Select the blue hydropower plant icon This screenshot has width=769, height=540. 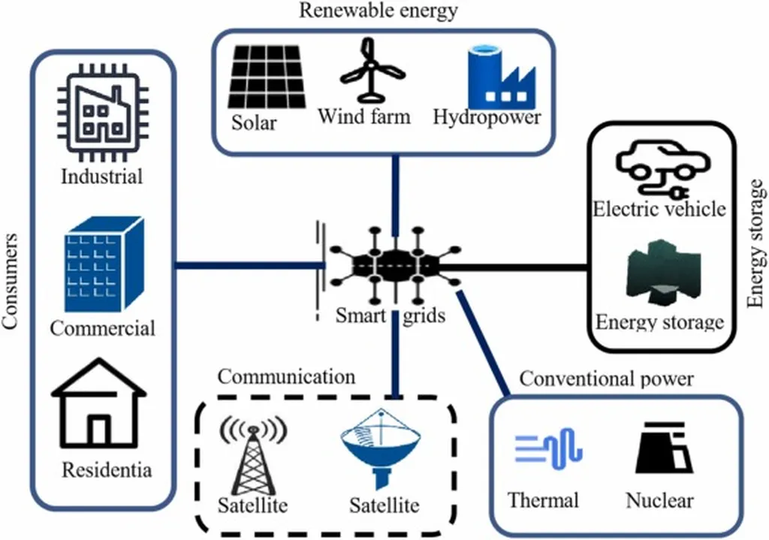click(499, 76)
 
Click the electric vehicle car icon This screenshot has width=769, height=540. click(659, 170)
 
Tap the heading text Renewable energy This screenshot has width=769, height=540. click(378, 11)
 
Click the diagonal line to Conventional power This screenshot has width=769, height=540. click(484, 341)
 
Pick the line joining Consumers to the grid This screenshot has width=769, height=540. click(248, 264)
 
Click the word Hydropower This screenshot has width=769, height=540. click(487, 118)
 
